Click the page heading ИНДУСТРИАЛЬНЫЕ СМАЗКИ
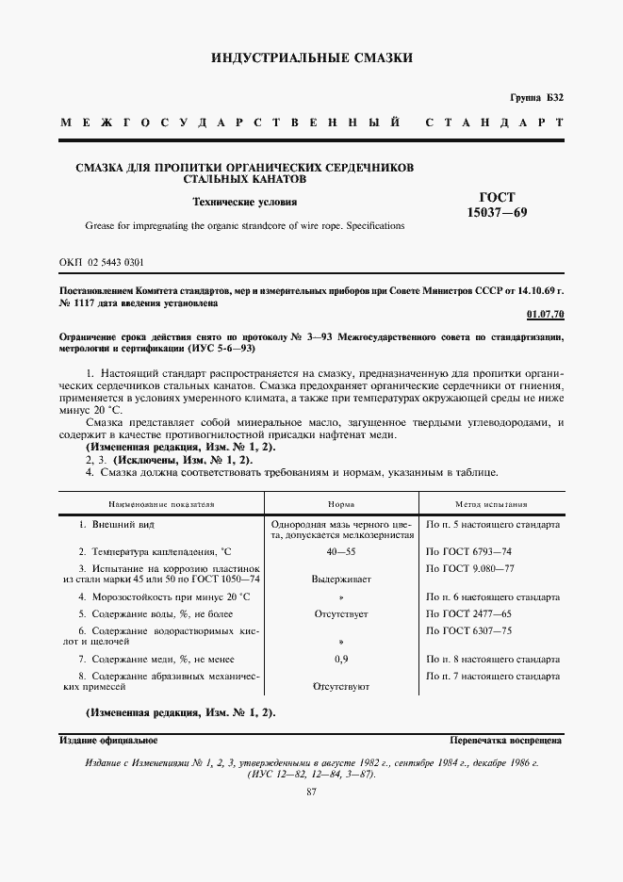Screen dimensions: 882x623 (312, 58)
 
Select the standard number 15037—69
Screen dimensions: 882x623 (498, 213)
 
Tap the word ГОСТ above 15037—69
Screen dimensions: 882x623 (498, 197)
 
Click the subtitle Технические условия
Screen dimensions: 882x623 (244, 202)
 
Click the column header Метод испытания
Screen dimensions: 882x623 (495, 504)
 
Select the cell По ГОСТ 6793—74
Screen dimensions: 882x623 (470, 550)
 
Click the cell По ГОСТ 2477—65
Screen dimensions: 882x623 (470, 612)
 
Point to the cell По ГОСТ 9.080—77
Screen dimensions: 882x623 (470, 568)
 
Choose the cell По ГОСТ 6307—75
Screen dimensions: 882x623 (470, 630)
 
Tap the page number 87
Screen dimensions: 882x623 (312, 792)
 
